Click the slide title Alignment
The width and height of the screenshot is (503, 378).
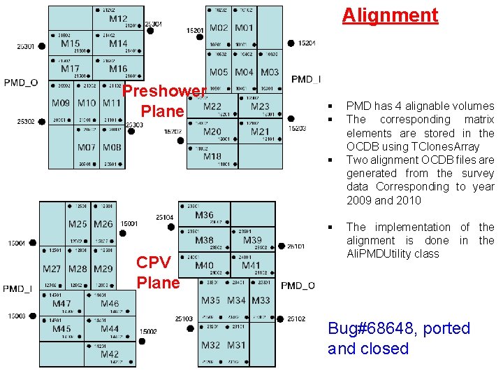(390, 15)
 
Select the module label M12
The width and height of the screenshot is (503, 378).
(118, 19)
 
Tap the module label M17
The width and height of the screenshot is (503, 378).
(70, 69)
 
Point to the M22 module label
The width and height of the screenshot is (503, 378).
(212, 106)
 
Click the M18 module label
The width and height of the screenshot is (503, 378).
(212, 156)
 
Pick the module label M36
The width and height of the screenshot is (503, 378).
(204, 215)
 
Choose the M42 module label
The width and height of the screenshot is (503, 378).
(110, 354)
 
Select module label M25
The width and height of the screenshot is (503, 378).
(78, 224)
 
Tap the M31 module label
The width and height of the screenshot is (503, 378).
(236, 345)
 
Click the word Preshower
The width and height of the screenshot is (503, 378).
(165, 91)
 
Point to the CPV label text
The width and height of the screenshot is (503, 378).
(153, 262)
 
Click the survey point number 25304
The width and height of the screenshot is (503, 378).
(153, 24)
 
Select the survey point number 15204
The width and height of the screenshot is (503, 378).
(307, 43)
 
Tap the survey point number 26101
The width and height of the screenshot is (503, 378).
(296, 246)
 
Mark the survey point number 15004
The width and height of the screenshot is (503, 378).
(17, 243)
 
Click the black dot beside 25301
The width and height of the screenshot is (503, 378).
(42, 46)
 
